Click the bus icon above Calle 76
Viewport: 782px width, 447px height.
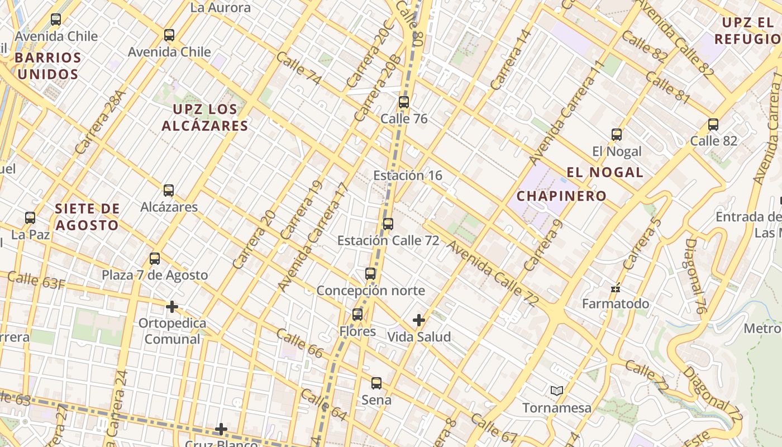[x=403, y=102]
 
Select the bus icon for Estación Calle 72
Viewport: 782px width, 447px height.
[x=388, y=224]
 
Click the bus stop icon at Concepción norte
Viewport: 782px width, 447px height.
[x=370, y=274]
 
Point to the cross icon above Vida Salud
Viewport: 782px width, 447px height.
[x=419, y=320]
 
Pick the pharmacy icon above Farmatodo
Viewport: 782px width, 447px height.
[x=616, y=288]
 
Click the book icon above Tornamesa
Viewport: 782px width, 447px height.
[x=556, y=391]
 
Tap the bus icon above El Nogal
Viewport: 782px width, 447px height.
[x=617, y=135]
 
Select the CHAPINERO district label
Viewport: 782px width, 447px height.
[x=561, y=196]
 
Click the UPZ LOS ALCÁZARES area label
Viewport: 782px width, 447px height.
[x=205, y=117]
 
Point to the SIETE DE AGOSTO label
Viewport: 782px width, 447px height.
[x=87, y=217]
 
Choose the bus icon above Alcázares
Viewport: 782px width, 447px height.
[x=169, y=191]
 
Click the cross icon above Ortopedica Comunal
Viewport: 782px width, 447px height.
[x=172, y=307]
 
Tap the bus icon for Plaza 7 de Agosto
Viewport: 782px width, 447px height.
[x=155, y=259]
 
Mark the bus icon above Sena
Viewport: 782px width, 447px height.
[x=376, y=383]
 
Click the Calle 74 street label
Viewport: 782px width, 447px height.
[x=298, y=69]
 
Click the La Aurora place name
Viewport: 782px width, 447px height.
[x=220, y=8]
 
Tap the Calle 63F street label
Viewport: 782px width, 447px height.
[x=36, y=280]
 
